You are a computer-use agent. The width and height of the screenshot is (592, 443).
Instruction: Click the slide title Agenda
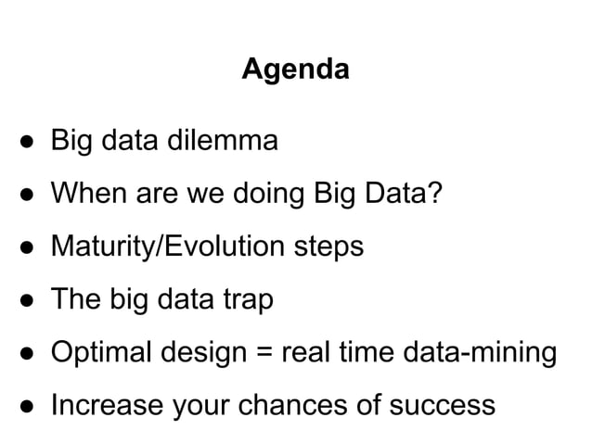295,70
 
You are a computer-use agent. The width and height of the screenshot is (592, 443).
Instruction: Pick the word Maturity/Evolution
168,247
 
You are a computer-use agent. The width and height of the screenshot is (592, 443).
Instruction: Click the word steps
328,248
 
